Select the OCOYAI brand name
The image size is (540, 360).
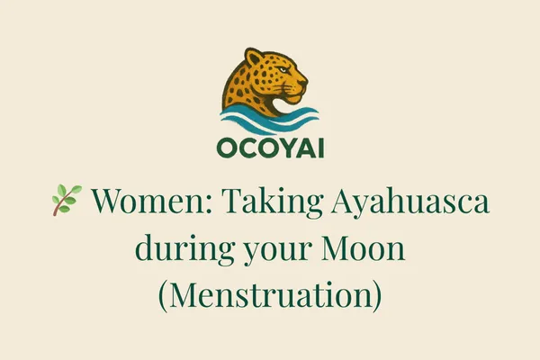(x=270, y=147)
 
